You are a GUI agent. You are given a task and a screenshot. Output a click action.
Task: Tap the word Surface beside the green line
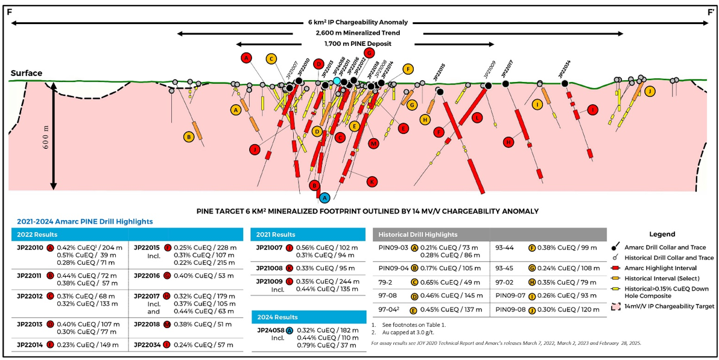pos(27,74)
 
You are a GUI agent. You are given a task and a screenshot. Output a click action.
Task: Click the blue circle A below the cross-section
pos(325,197)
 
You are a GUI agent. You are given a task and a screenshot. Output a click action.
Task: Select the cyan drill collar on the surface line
pos(337,81)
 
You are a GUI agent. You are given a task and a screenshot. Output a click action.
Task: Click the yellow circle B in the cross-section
pos(189,137)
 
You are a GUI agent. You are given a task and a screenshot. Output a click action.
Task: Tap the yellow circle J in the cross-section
pos(650,91)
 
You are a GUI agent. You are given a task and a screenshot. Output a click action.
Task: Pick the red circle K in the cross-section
pos(372,181)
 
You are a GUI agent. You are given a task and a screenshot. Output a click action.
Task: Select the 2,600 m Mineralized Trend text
pos(358,33)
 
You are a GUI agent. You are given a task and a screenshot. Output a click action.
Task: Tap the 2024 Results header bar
pos(277,317)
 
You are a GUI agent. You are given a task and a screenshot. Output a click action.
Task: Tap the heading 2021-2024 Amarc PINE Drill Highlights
pos(84,222)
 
